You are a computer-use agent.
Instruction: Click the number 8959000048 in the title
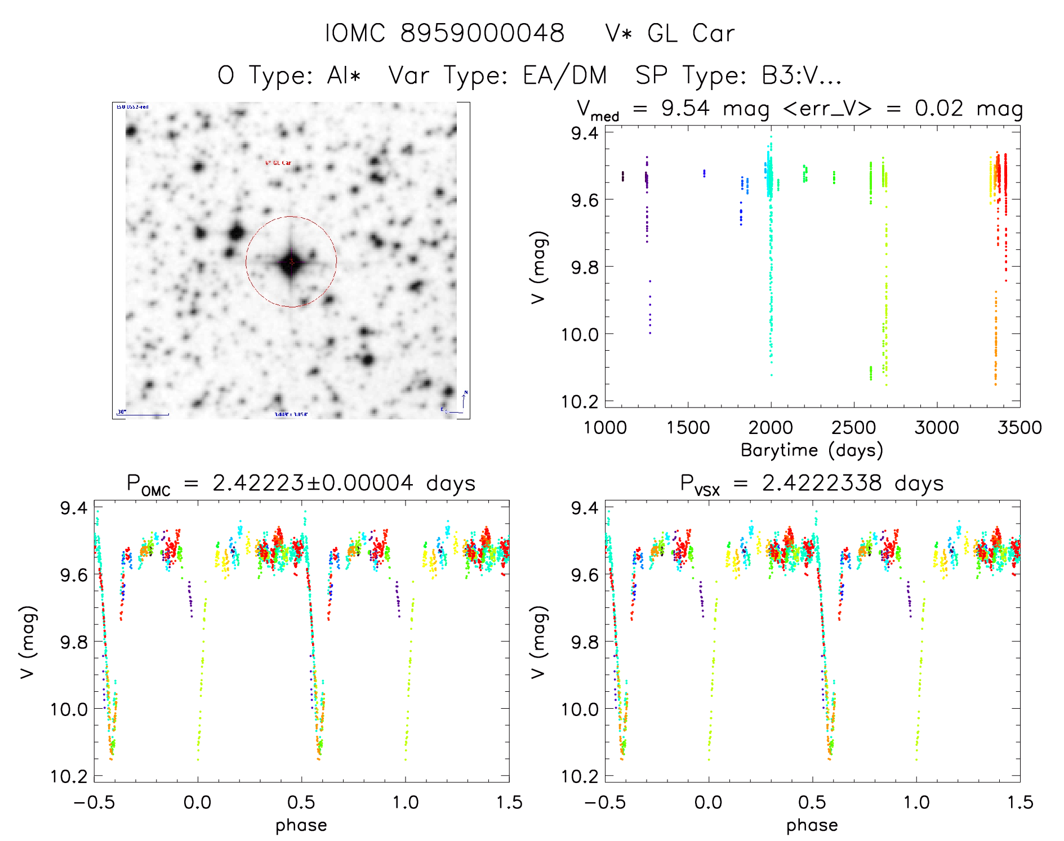point(482,34)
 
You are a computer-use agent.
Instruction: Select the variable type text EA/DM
point(565,75)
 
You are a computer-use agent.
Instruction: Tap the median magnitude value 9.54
point(685,108)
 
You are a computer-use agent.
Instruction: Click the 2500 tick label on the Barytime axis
point(853,427)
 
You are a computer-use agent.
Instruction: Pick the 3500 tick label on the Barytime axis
point(1020,427)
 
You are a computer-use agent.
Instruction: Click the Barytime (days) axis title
point(812,450)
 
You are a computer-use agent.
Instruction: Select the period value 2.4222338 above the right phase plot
point(822,483)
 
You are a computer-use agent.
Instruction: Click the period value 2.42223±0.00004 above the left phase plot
point(313,483)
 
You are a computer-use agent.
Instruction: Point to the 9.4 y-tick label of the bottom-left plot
point(74,508)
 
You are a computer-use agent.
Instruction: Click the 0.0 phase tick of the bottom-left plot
point(198,802)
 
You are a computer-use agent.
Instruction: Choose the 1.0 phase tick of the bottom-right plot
point(916,802)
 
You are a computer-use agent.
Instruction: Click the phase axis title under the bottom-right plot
point(812,825)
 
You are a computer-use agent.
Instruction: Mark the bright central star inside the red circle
point(291,262)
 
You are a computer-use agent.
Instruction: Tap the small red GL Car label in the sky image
point(278,163)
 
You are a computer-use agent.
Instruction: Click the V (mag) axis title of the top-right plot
point(538,267)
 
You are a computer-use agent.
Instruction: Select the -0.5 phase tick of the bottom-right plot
point(605,802)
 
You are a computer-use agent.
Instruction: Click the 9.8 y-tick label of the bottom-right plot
point(585,642)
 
